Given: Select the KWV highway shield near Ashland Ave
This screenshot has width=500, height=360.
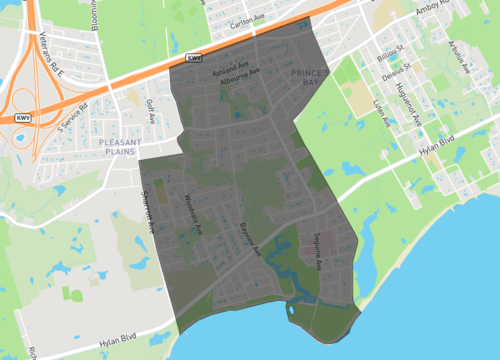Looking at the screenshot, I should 194,58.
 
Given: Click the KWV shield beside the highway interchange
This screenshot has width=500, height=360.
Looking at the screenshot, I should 20,118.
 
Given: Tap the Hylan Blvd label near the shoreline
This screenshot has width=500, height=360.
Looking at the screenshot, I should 117,342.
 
